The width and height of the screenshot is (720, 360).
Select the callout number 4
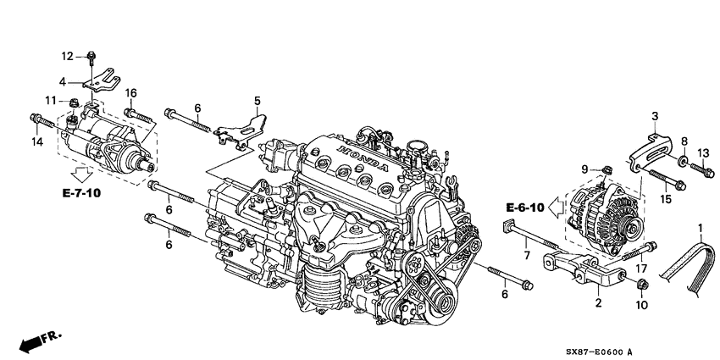coord(63,82)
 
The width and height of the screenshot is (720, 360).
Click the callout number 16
coord(131,92)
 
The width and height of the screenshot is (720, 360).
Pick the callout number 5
coord(257,101)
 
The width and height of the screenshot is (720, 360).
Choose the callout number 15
coord(665,200)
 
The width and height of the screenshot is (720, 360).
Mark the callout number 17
coord(642,269)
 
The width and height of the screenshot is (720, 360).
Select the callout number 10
coord(640,304)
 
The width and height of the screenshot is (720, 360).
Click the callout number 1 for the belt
coord(700,228)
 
